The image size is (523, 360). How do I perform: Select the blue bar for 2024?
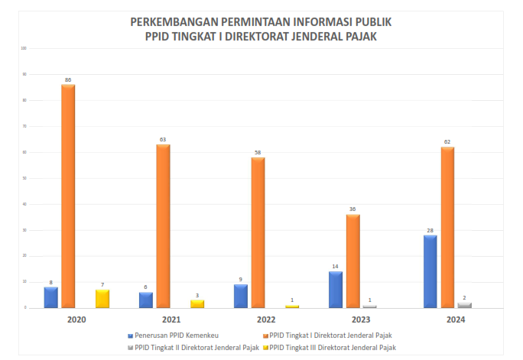[430, 271]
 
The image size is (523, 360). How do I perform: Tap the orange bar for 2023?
[352, 261]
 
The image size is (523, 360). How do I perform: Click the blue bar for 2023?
[335, 289]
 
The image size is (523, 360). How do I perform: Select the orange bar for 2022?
[258, 232]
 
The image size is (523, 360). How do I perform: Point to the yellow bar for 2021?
[197, 303]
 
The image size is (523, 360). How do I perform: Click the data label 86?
[68, 80]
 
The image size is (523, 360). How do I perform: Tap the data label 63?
[163, 140]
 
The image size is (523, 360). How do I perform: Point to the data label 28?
[430, 230]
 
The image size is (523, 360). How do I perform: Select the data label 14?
[335, 266]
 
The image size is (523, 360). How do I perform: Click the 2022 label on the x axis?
[266, 319]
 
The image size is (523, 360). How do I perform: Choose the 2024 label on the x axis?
[456, 319]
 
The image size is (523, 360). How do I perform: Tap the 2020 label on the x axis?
[76, 319]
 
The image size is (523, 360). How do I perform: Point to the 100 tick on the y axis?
[24, 48]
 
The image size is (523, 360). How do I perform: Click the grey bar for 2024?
[464, 305]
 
